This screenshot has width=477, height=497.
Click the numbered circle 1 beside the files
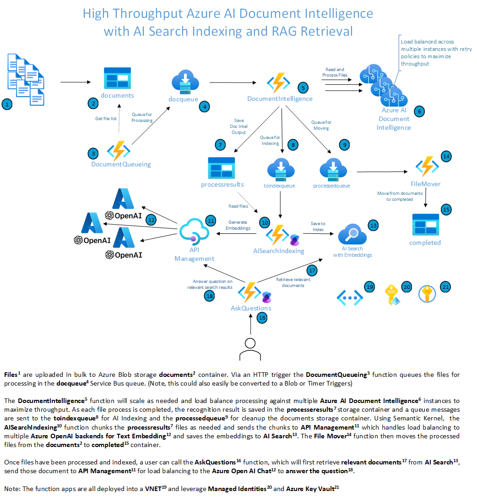tap(6, 105)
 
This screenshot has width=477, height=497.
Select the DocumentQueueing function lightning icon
tap(119, 150)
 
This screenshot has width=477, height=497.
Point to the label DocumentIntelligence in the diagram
tap(280, 99)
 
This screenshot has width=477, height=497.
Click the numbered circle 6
tap(418, 111)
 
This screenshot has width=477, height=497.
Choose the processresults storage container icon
tap(221, 168)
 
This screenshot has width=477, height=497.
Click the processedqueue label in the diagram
tap(331, 186)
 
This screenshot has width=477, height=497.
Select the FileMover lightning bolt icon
tap(427, 166)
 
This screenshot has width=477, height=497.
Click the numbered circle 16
tap(262, 317)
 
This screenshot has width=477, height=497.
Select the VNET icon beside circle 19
tap(350, 297)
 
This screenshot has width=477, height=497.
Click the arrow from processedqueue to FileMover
tap(382, 171)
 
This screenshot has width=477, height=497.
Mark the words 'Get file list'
tap(107, 118)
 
